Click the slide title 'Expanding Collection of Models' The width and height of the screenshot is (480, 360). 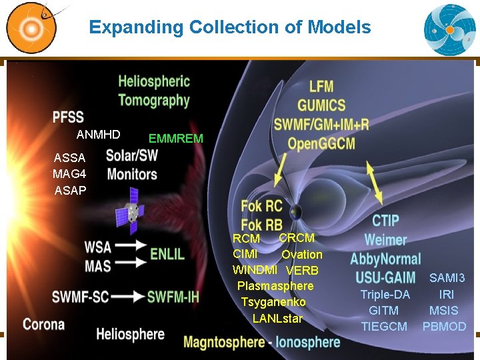tap(229, 27)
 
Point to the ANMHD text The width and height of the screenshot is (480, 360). tap(98, 135)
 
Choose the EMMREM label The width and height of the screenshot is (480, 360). tap(175, 139)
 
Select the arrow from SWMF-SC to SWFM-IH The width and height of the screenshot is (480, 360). tap(130, 296)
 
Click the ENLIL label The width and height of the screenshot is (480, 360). tap(167, 254)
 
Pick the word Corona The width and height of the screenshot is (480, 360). tap(43, 325)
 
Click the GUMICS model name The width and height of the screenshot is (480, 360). tap(321, 105)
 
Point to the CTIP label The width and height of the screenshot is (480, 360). tap(385, 221)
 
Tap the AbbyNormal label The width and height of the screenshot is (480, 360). tap(385, 259)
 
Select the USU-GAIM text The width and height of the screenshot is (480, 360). tap(385, 277)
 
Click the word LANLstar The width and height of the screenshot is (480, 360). tap(277, 319)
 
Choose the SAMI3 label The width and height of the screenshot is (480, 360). tap(447, 278)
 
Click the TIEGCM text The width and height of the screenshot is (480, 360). tap(384, 327)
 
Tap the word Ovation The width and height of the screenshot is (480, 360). tap(301, 255)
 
